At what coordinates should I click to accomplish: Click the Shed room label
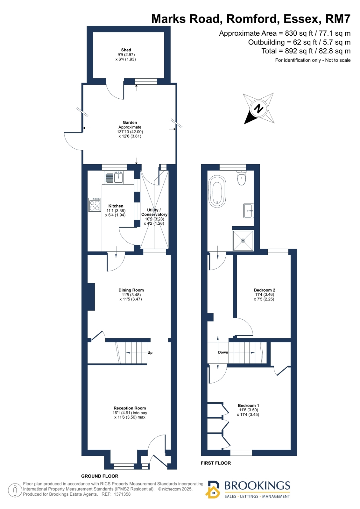click(126, 50)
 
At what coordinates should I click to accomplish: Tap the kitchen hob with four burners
click(95, 204)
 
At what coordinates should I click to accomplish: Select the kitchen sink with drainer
click(114, 178)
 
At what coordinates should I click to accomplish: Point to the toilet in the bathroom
click(241, 178)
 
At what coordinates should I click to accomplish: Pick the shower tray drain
click(243, 240)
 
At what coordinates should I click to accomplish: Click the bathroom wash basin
click(248, 211)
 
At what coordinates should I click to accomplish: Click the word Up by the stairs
click(150, 353)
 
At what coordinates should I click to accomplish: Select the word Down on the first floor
click(223, 352)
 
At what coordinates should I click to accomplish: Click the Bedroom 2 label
click(265, 290)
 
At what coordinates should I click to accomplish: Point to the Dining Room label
click(131, 290)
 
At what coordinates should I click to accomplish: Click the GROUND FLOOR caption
click(100, 476)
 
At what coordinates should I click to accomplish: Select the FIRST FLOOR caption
click(216, 463)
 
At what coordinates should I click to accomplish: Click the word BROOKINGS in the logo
click(257, 486)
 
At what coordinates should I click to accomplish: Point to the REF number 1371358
click(122, 494)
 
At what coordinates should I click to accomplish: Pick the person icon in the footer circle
click(15, 490)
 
